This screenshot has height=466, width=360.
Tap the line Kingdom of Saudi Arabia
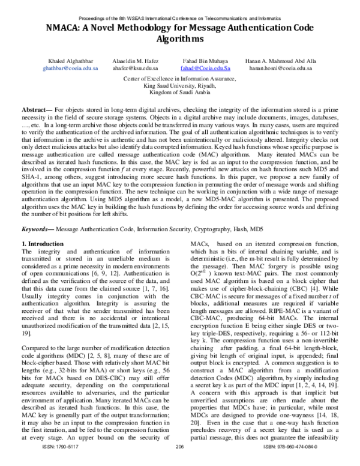[179, 92]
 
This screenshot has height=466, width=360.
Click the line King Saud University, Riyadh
[179, 85]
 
